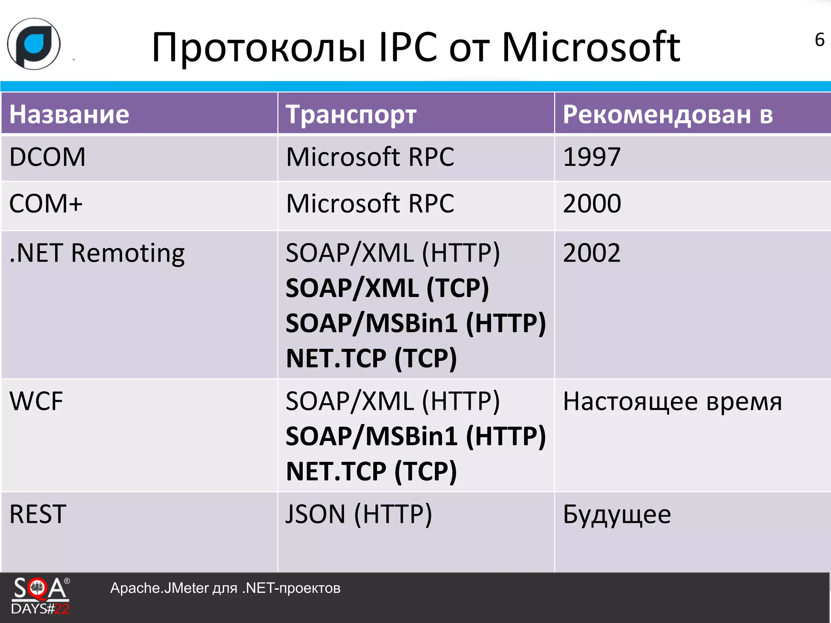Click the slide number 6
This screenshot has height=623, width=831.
tap(819, 40)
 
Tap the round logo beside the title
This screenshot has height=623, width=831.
tap(34, 44)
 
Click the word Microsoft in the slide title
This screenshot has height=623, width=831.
tap(590, 48)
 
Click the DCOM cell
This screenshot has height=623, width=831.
tap(47, 157)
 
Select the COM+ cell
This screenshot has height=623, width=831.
tap(46, 204)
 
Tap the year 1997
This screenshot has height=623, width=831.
tap(592, 157)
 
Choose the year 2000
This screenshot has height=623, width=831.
tap(592, 204)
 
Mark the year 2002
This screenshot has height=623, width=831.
tap(592, 253)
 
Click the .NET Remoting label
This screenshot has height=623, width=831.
tap(97, 253)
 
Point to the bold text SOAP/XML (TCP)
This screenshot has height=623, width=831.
tap(387, 288)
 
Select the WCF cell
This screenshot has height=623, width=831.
tap(36, 402)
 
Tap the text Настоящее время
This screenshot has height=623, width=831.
tap(672, 402)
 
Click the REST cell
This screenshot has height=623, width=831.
tap(38, 514)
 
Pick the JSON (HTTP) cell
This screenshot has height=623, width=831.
tap(359, 514)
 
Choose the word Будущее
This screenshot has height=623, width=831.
tap(617, 514)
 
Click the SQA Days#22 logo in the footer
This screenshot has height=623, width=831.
tap(41, 595)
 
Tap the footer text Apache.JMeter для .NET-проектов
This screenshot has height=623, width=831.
tap(225, 588)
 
